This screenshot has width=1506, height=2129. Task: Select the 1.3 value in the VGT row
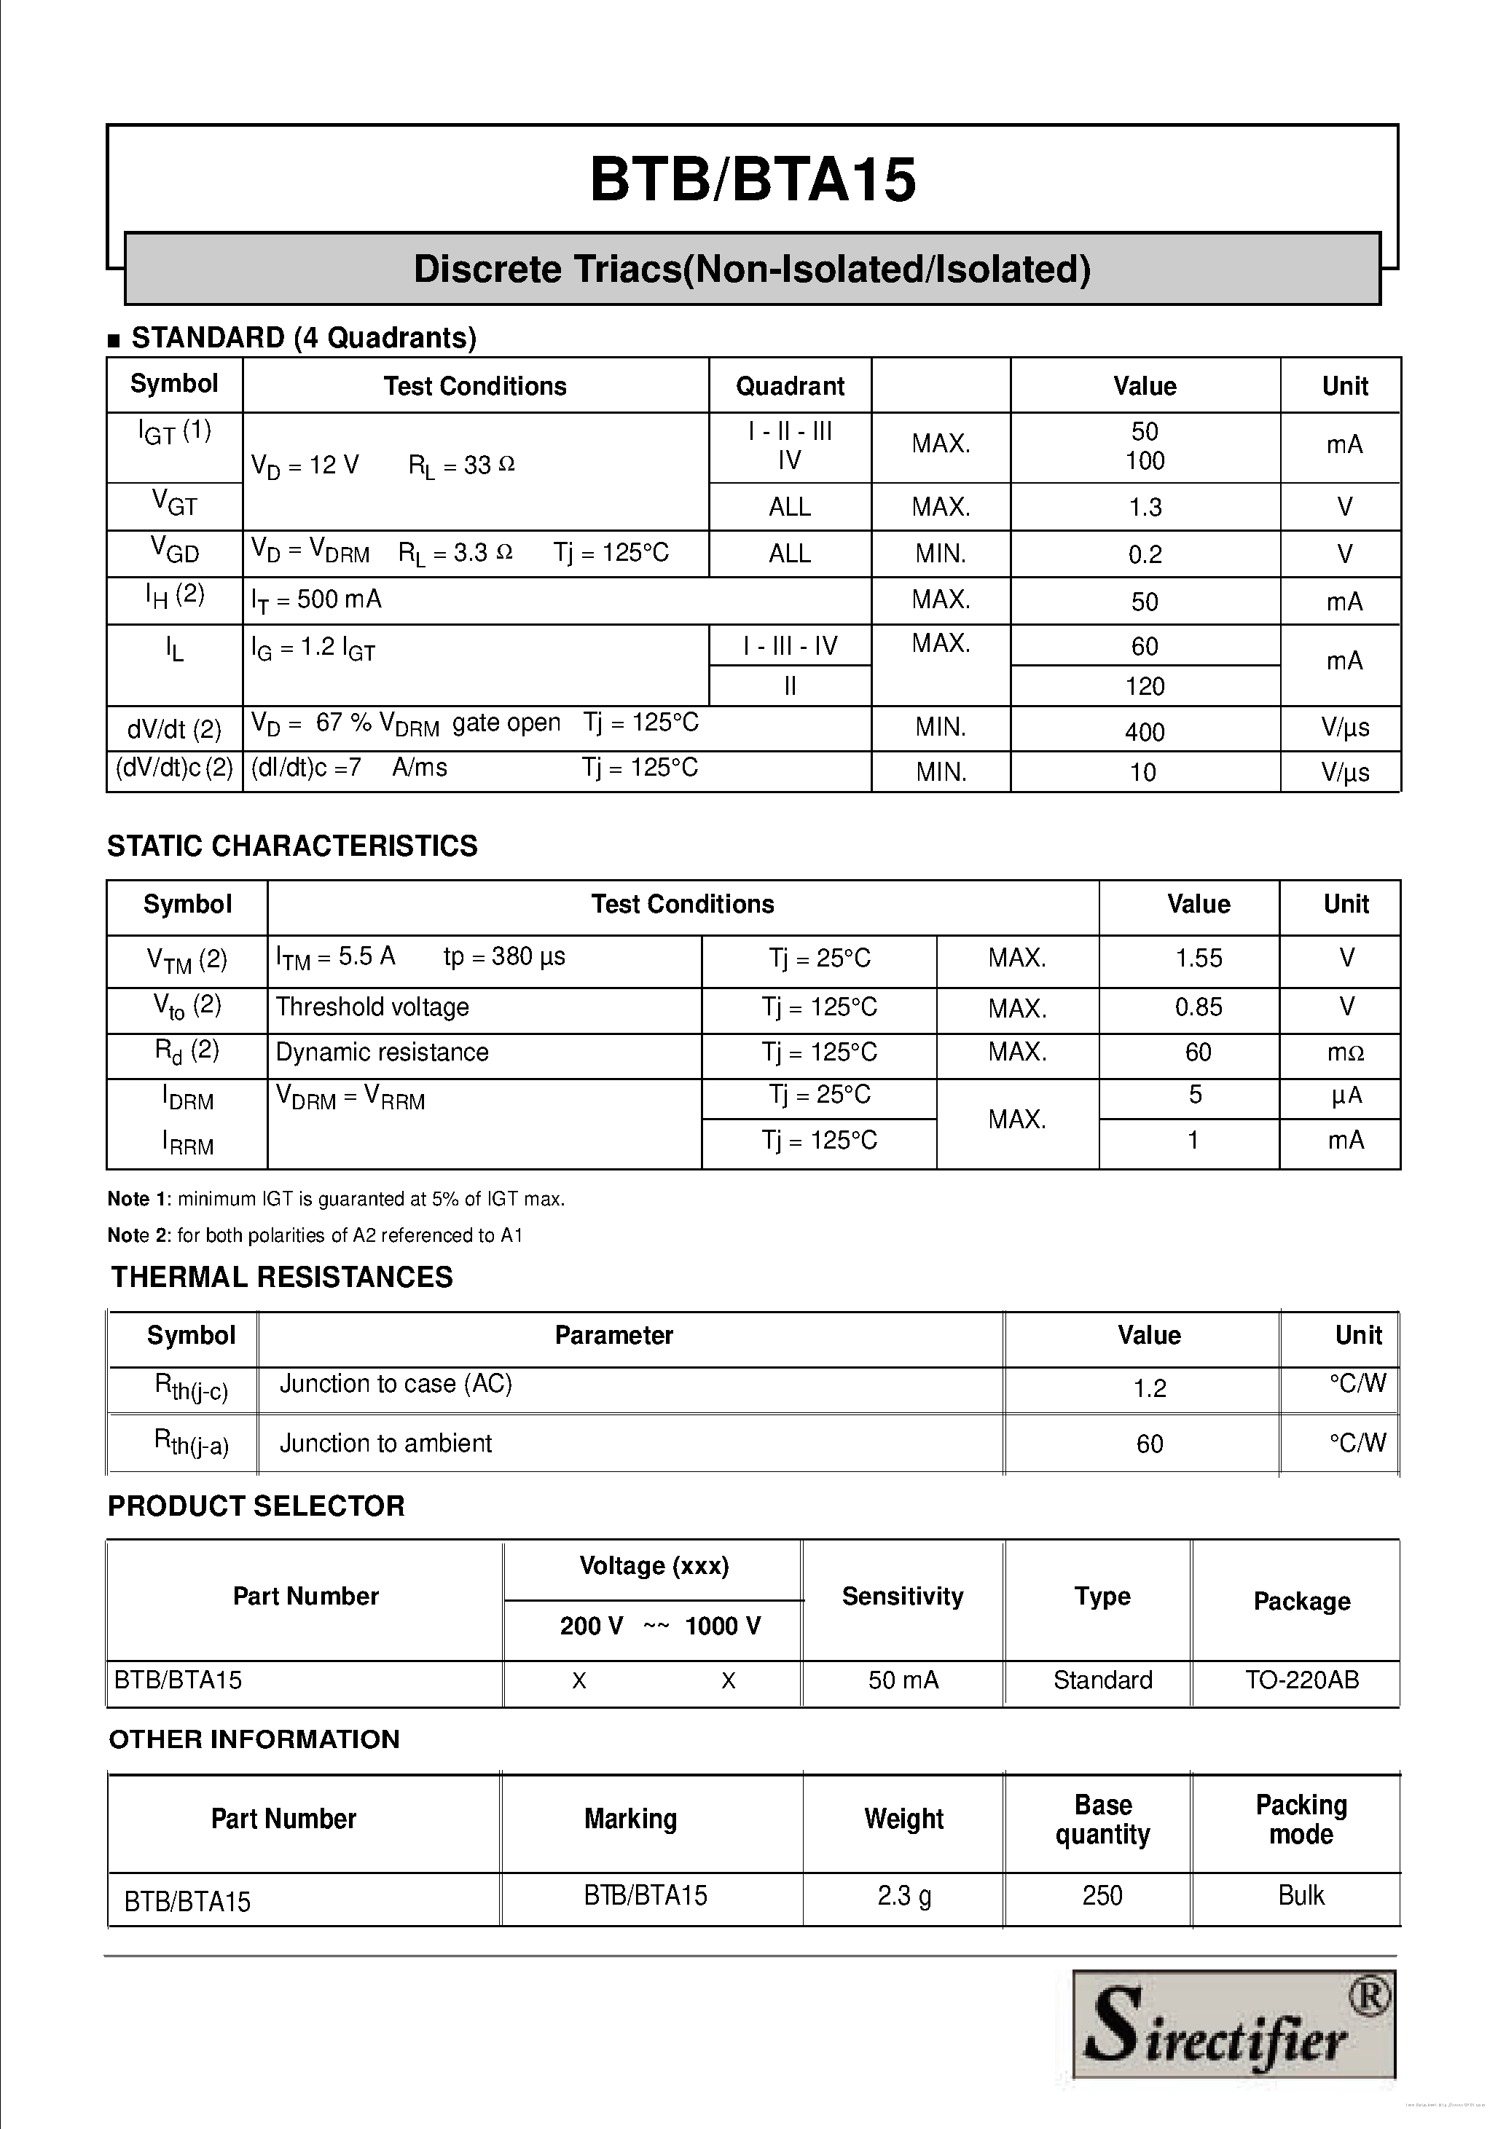[1145, 507]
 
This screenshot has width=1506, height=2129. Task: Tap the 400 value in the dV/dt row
[1145, 731]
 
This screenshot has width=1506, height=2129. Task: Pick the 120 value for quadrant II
[1145, 686]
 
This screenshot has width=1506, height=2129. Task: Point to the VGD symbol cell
[174, 553]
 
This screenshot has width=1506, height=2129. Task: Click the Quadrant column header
[789, 386]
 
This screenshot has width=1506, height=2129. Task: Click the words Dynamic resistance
[381, 1052]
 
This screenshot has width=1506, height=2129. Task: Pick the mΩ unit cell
[1346, 1052]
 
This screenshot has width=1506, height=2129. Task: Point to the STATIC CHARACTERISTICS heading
[292, 846]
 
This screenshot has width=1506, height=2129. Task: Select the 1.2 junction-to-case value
[1149, 1388]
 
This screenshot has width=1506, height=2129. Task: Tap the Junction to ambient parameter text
[385, 1443]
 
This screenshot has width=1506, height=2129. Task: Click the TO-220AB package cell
[1301, 1680]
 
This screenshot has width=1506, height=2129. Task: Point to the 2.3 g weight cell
[903, 1895]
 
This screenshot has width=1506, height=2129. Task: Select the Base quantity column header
[1102, 1819]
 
